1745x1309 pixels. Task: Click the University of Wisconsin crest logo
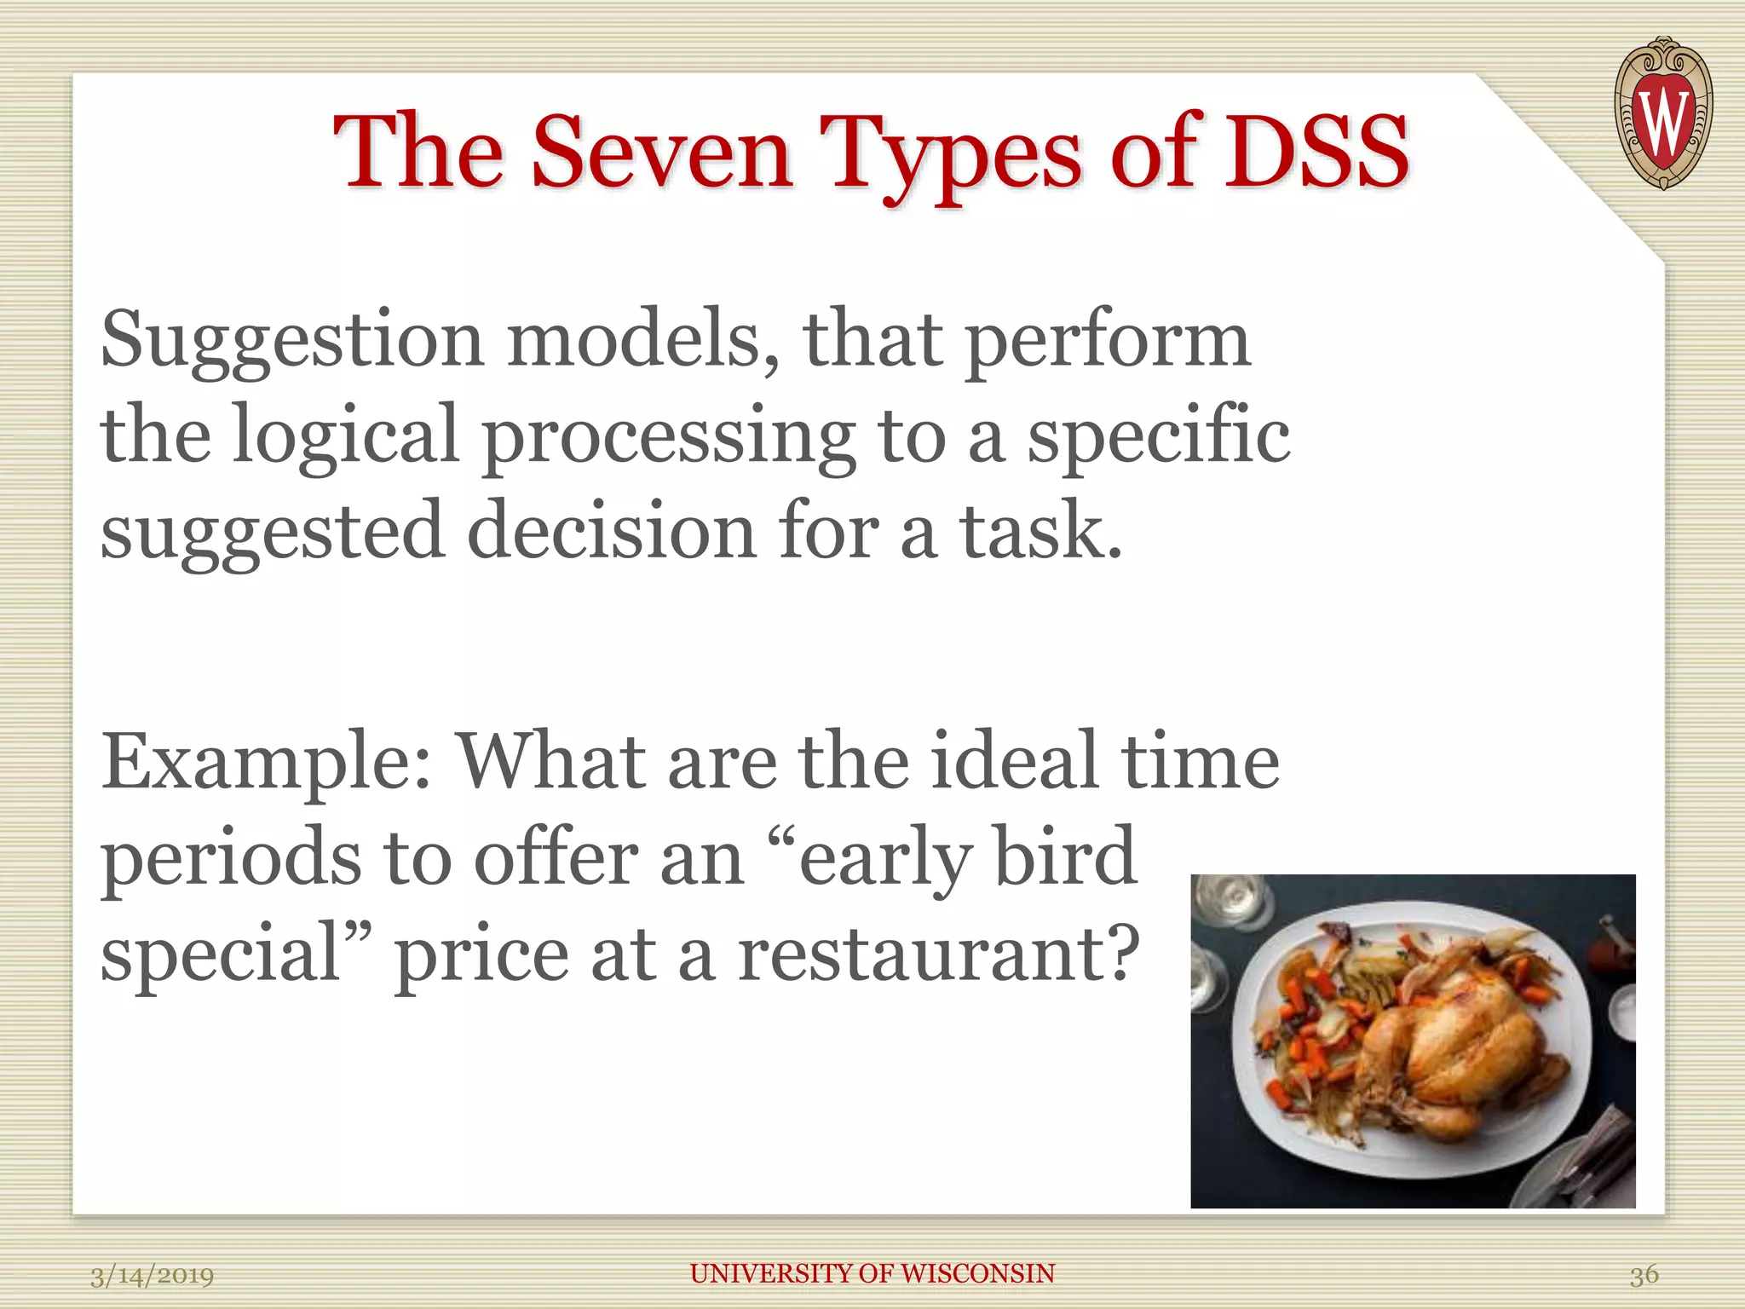coord(1662,112)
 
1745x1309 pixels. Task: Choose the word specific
coord(1158,435)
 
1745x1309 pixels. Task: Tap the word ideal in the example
coord(1014,760)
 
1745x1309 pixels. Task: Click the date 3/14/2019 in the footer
coord(152,1276)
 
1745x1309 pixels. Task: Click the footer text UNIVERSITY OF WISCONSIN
coord(872,1273)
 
